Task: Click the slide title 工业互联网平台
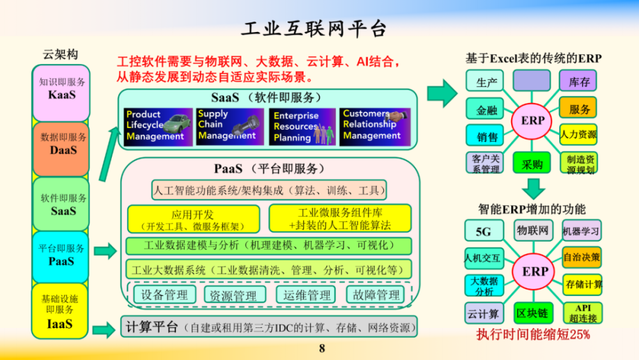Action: (314, 28)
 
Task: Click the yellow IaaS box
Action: (61, 311)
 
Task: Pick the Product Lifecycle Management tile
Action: (158, 125)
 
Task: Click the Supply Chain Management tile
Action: (230, 125)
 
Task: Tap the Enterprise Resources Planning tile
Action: (303, 125)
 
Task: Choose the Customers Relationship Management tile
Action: (375, 125)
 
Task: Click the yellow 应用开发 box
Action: (194, 219)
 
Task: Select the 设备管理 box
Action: (165, 295)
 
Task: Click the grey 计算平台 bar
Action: (268, 328)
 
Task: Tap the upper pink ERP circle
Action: (533, 120)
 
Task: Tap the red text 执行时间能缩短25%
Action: (533, 334)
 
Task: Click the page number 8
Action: (322, 348)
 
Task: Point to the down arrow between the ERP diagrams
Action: (532, 187)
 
